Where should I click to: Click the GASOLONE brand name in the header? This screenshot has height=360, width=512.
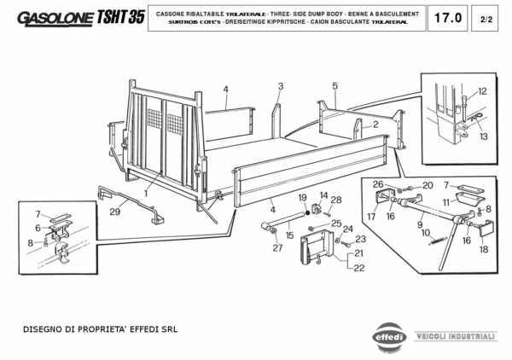[x=54, y=18]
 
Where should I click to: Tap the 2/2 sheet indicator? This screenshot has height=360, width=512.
[x=485, y=18]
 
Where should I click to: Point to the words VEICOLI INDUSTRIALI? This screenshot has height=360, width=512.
[x=454, y=337]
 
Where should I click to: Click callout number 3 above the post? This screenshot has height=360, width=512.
[x=280, y=86]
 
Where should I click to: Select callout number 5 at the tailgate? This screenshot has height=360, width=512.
[x=335, y=85]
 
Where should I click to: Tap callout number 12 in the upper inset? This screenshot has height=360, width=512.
[x=482, y=91]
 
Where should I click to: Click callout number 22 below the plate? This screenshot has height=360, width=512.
[x=358, y=267]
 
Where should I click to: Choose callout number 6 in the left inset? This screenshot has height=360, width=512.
[x=38, y=228]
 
